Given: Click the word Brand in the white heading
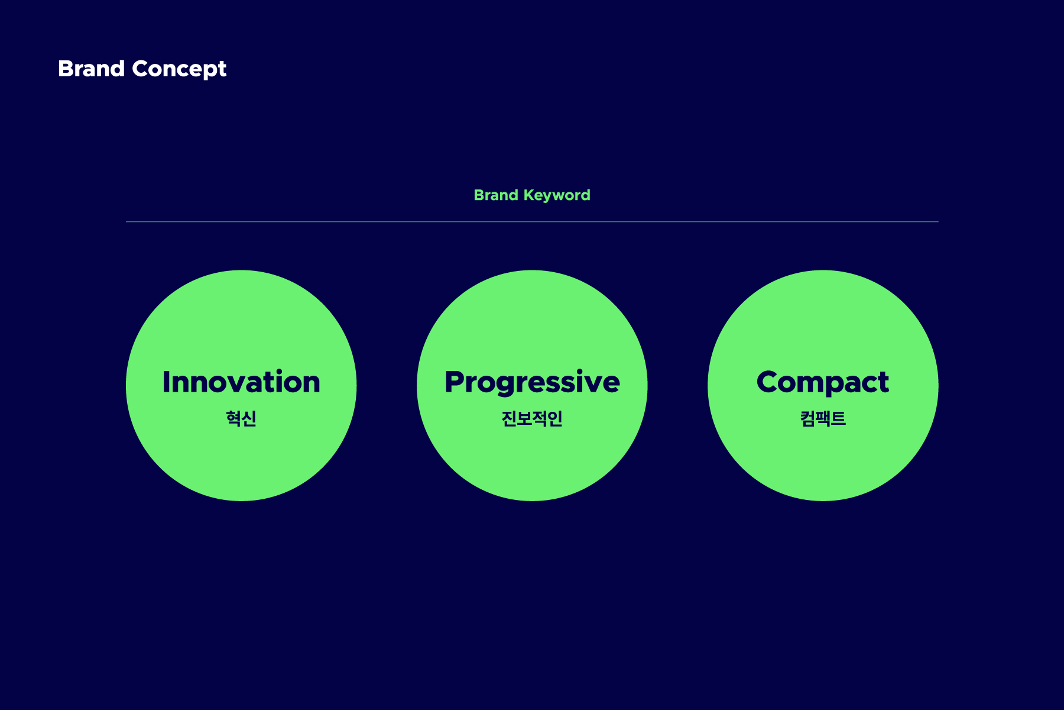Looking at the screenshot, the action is (91, 69).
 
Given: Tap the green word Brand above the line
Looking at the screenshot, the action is (496, 195).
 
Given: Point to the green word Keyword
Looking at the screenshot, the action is (557, 196).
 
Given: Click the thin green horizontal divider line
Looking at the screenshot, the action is (532, 222).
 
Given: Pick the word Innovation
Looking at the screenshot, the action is (241, 382).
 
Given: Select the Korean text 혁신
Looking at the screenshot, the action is (241, 418).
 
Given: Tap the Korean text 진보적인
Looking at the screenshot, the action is (532, 418).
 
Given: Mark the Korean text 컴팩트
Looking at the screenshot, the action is (823, 418).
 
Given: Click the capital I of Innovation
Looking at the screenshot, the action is (166, 382).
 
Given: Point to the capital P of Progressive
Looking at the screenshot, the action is (455, 382).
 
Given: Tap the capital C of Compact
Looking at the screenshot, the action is (768, 382).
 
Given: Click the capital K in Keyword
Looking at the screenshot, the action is (530, 195).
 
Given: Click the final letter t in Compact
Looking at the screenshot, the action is (883, 383).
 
